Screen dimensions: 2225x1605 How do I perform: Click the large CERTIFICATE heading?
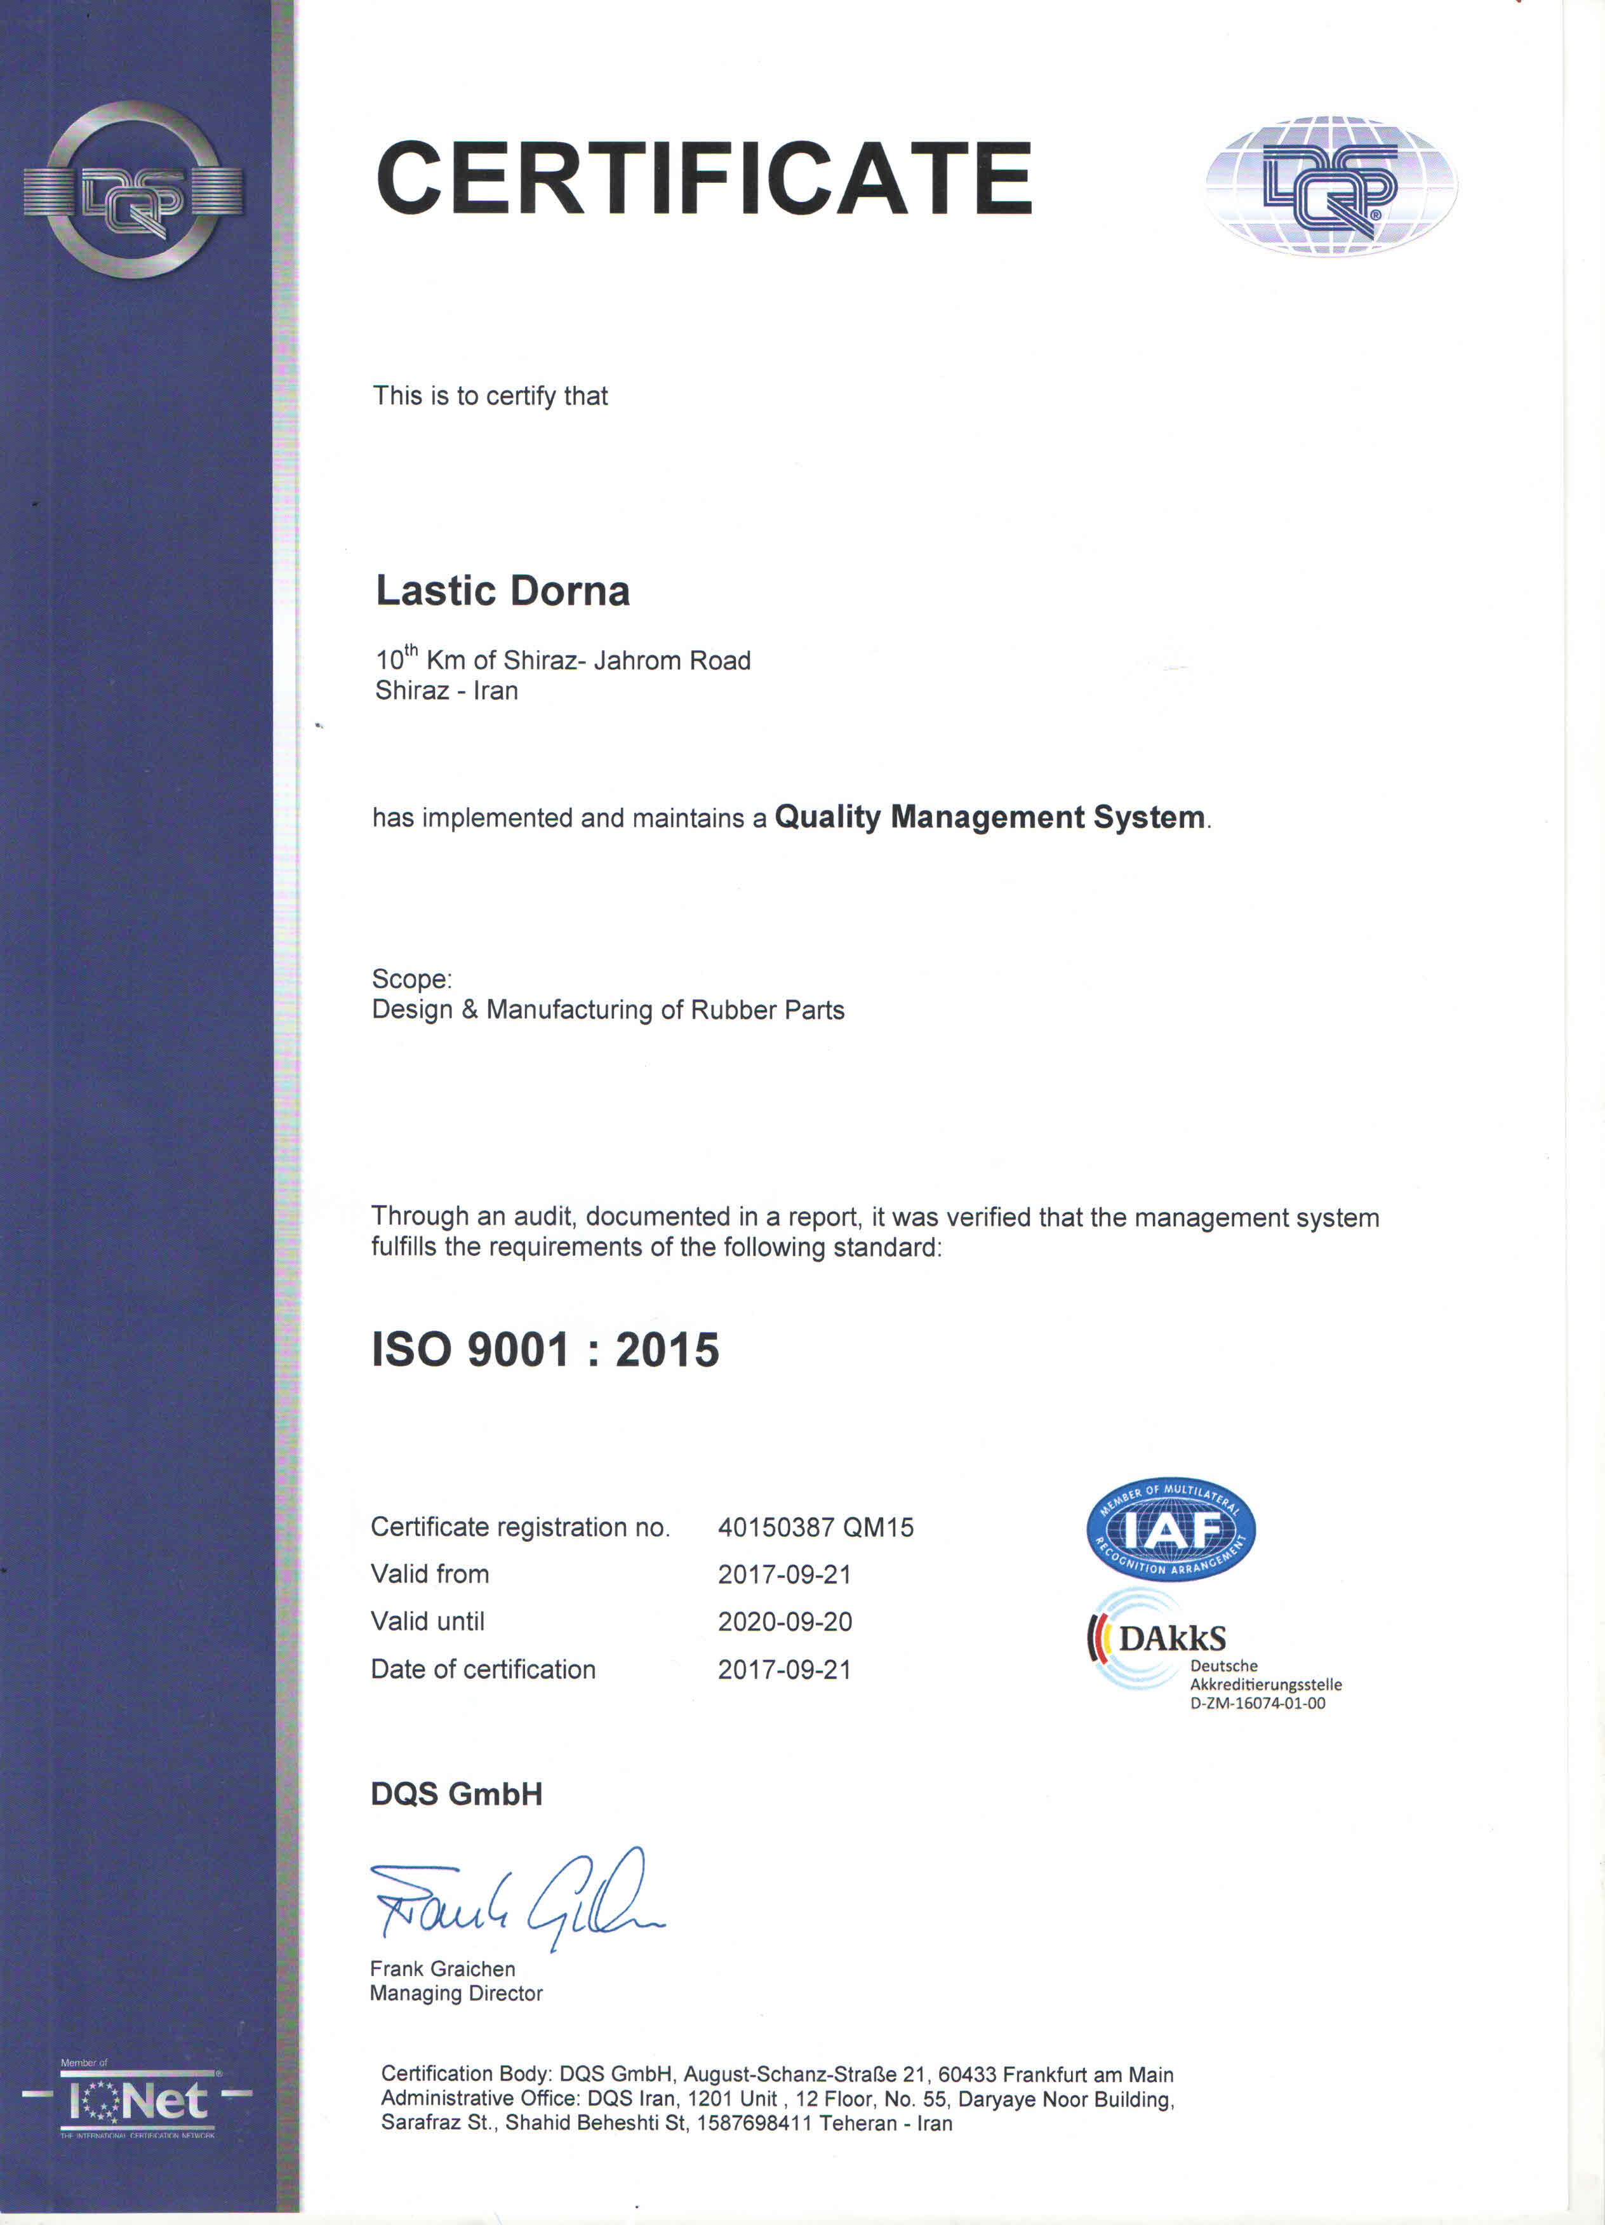703,178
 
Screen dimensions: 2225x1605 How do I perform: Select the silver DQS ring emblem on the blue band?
133,190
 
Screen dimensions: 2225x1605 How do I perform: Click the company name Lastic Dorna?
502,591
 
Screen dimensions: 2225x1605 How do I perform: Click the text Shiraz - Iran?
446,691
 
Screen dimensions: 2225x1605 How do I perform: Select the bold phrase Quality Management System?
989,817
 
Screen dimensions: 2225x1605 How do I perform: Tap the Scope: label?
411,979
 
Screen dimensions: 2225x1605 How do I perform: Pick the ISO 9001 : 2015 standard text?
545,1350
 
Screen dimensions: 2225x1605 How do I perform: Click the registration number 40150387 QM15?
815,1528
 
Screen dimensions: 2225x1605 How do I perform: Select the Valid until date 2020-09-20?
784,1622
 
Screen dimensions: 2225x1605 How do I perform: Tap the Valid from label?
430,1575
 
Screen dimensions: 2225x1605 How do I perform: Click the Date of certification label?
483,1670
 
